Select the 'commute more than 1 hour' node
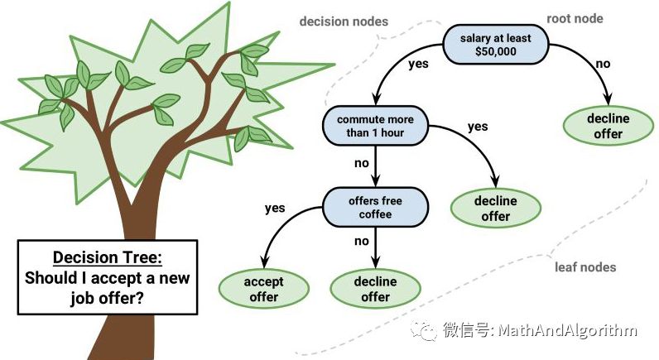[375, 126]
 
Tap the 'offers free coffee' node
[375, 207]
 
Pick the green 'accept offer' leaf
[262, 289]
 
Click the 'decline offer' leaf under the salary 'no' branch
[608, 126]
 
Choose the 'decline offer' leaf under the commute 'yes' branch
[495, 208]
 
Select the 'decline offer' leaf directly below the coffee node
[375, 289]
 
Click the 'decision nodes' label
[343, 22]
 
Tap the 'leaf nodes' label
[585, 267]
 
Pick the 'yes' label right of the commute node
[478, 127]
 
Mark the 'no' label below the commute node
[362, 163]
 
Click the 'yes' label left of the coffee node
[276, 209]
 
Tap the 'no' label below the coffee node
[362, 242]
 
